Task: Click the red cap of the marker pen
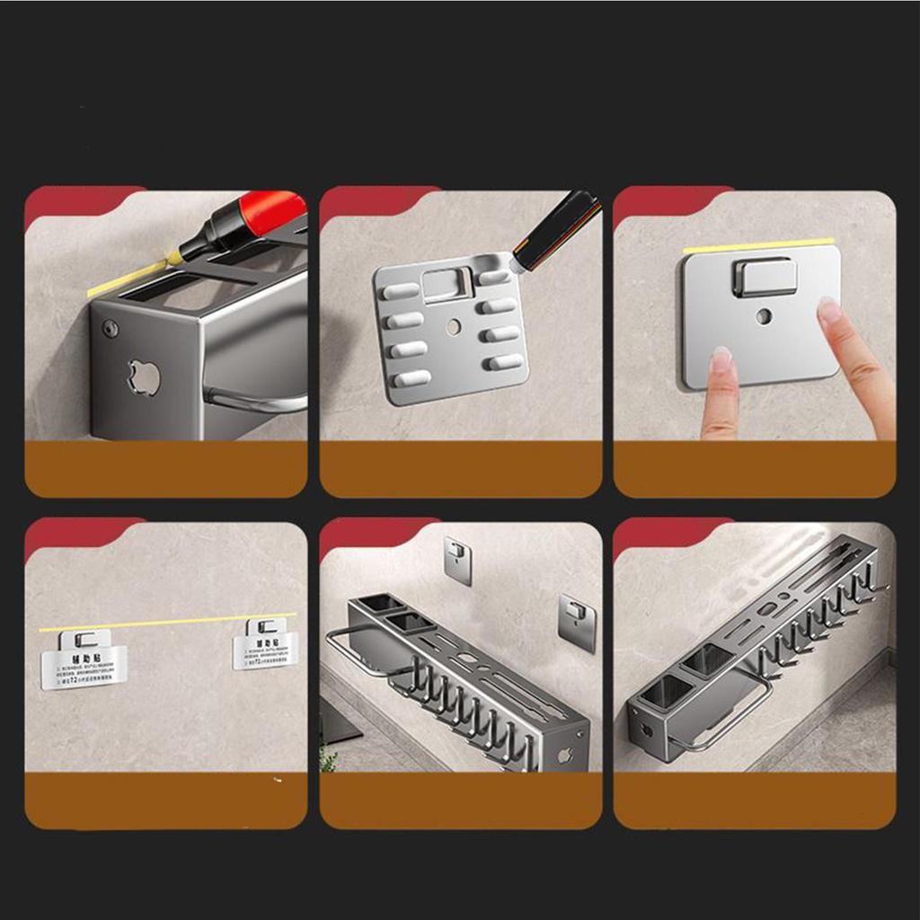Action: pos(270,212)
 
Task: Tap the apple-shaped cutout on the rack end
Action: pos(144,377)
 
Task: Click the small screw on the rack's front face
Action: pos(111,329)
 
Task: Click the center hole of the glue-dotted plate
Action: pos(453,327)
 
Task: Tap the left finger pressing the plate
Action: pos(719,395)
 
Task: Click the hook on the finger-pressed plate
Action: pos(764,277)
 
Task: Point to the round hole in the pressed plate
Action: pos(763,316)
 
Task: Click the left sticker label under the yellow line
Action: pos(84,661)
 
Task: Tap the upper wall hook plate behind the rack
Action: pos(458,559)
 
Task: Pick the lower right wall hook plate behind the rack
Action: pos(577,622)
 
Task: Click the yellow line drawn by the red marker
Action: pos(126,279)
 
